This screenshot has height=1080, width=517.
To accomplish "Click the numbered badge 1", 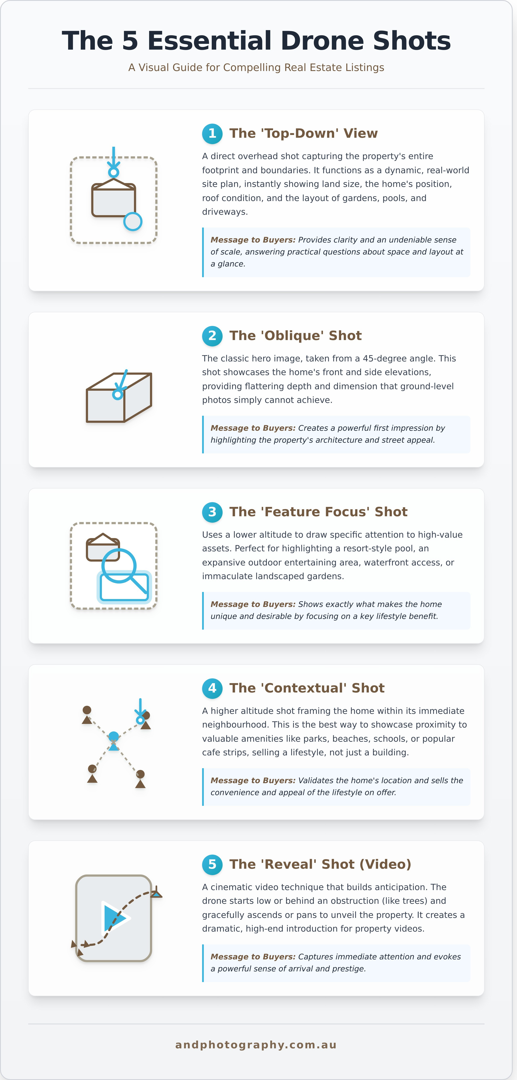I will pyautogui.click(x=212, y=134).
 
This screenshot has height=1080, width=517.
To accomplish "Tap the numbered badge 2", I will pyautogui.click(x=212, y=336).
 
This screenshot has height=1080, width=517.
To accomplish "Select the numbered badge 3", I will pyautogui.click(x=212, y=512).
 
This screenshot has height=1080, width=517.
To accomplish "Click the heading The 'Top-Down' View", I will pyautogui.click(x=303, y=133).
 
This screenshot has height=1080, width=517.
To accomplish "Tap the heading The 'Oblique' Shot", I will pyautogui.click(x=295, y=335).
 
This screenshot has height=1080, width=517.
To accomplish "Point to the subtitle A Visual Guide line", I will pyautogui.click(x=256, y=68).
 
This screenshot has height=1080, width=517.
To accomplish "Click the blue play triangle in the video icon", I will pyautogui.click(x=113, y=918).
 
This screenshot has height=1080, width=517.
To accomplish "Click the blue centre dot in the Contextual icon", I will pyautogui.click(x=113, y=736).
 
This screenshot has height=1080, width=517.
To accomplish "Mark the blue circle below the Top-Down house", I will pyautogui.click(x=133, y=221).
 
